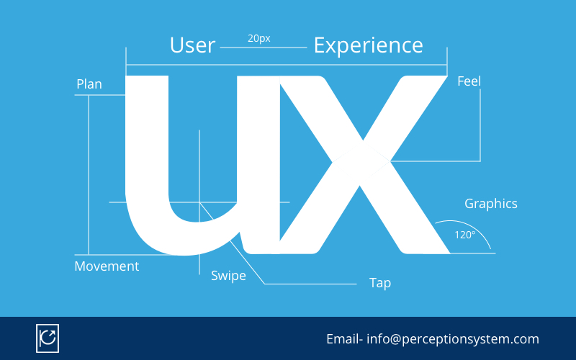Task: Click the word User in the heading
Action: pos(192,45)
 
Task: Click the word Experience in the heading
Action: pos(368,45)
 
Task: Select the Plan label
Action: pos(89,84)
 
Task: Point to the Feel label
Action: pos(469,81)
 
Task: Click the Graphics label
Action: pos(490,204)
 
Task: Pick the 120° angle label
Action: pos(464,235)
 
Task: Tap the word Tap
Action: pos(380,283)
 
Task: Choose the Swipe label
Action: pos(228,276)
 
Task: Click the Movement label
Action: pos(107,266)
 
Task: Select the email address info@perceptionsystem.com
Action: pos(453,339)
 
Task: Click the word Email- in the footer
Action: pos(345,339)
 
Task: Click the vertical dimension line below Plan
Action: pos(89,173)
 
